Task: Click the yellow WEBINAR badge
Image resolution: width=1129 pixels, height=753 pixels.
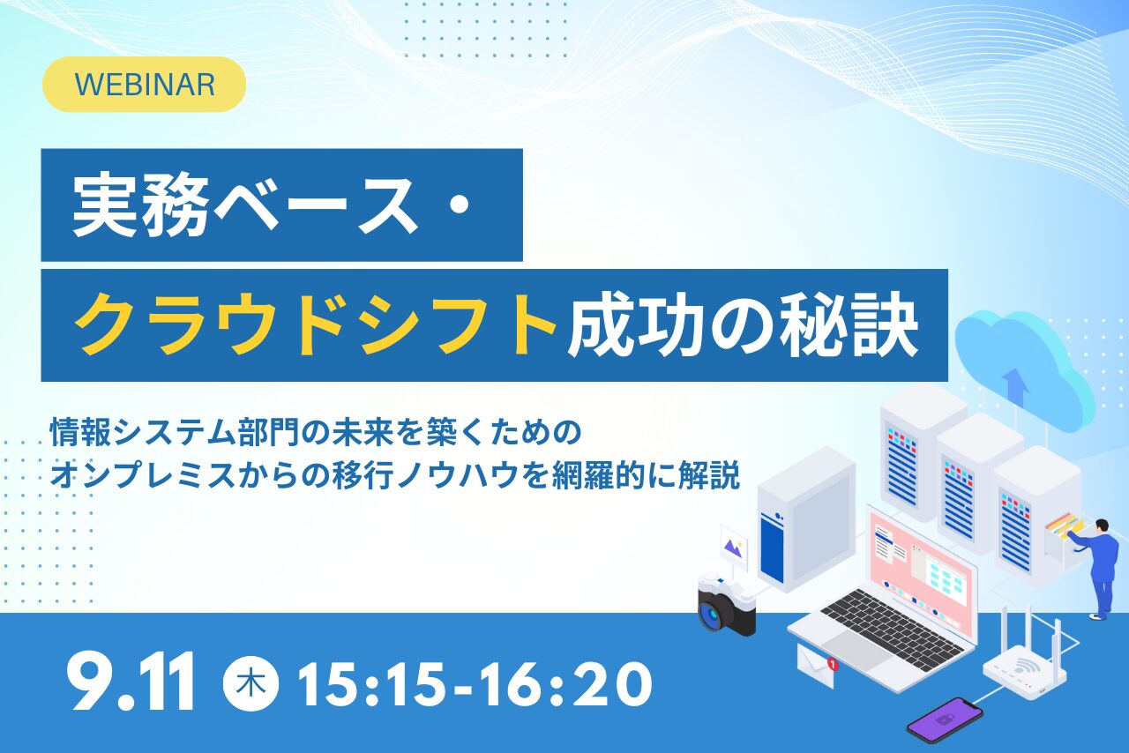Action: (144, 84)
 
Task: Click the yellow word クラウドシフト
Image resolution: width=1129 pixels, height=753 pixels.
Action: (316, 325)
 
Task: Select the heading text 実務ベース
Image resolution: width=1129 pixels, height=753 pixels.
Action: (245, 205)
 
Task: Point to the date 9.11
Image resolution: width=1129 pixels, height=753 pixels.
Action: (131, 681)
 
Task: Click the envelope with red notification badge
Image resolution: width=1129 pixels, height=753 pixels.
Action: (817, 666)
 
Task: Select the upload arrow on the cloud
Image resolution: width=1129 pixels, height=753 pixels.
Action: (1015, 387)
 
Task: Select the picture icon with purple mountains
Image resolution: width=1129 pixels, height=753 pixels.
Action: (734, 548)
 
